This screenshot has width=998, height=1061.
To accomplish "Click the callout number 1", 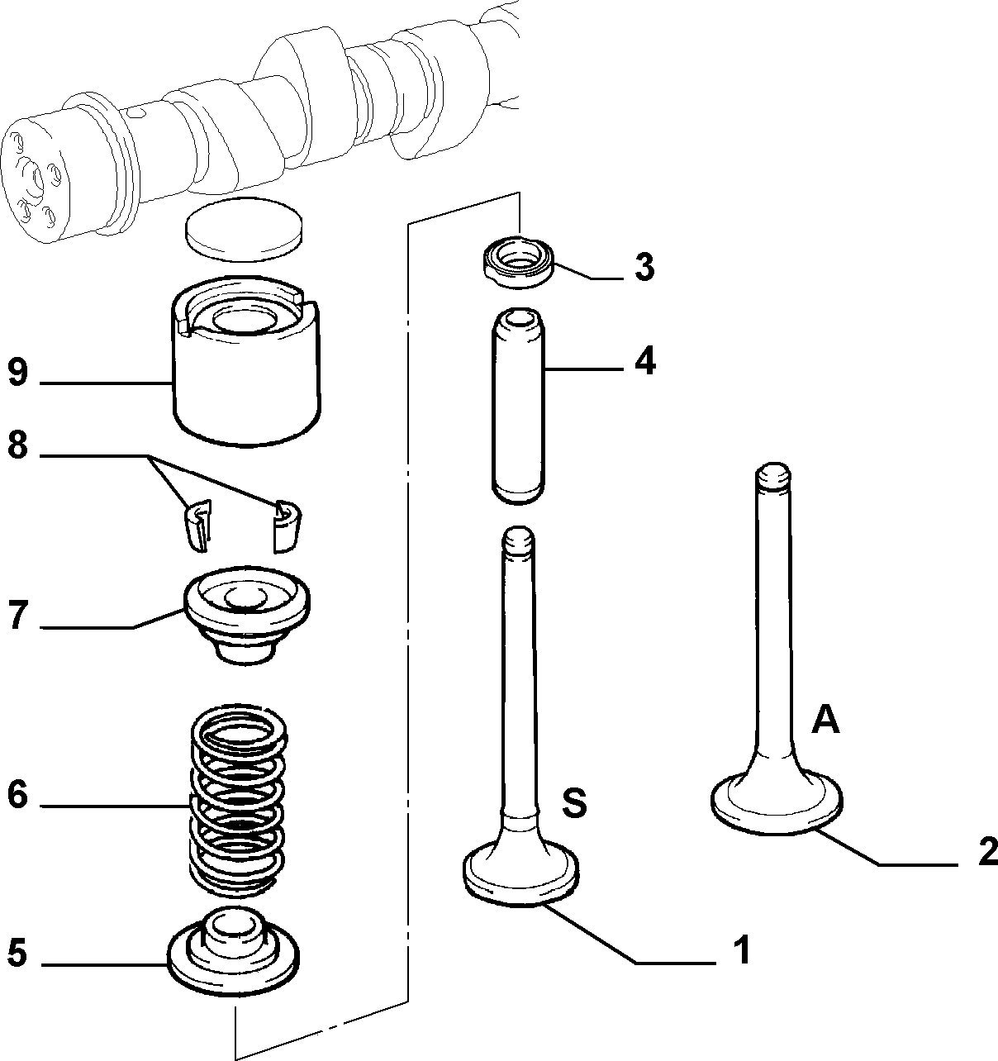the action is tap(741, 949).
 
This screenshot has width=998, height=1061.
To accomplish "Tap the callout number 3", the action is tap(644, 267).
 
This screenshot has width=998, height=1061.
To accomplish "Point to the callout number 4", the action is tap(644, 362).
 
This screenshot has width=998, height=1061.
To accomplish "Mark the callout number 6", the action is tap(17, 794).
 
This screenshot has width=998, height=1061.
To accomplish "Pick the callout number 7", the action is tap(17, 615).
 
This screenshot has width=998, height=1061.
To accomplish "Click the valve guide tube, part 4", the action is tap(518, 404).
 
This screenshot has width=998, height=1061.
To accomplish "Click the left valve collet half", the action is tap(198, 526).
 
